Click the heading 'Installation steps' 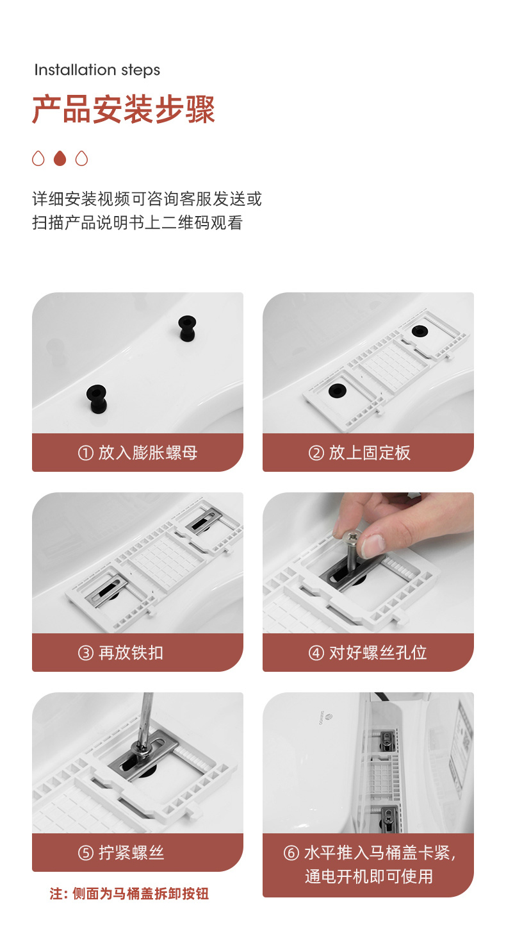[97, 70]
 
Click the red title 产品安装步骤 [124, 110]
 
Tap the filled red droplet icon [60, 158]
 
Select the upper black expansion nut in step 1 [187, 328]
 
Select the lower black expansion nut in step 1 [97, 399]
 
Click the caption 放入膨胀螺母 [148, 453]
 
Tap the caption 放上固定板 [370, 453]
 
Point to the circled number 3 [86, 653]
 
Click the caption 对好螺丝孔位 [378, 653]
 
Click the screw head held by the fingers [351, 537]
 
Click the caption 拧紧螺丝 [131, 853]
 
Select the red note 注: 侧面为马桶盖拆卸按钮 [129, 894]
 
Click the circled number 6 [291, 853]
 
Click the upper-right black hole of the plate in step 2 [420, 331]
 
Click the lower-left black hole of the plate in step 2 [338, 390]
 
